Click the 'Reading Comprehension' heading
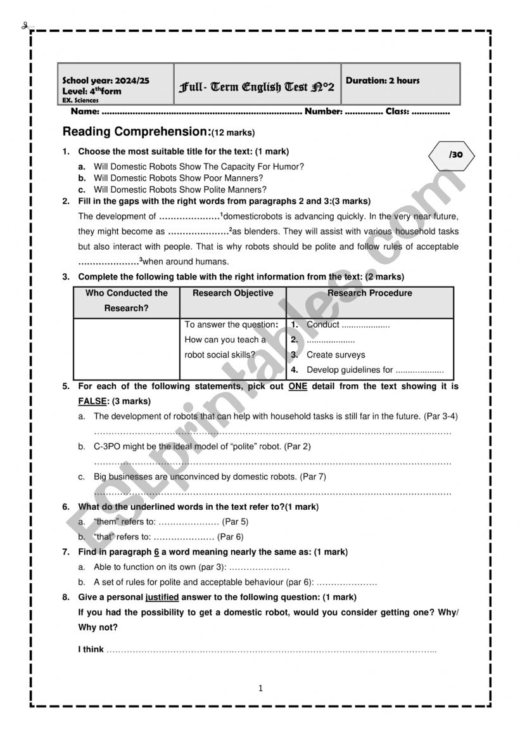[136, 132]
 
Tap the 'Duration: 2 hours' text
[383, 81]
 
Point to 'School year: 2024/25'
[106, 81]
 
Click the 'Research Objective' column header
[233, 293]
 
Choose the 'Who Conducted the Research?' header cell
[127, 300]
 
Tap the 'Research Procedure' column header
[369, 293]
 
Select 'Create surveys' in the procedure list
[336, 355]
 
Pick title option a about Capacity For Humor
[198, 167]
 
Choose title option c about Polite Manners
[180, 190]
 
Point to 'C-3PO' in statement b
[106, 446]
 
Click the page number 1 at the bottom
[260, 688]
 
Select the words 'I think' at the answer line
[91, 650]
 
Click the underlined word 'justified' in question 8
[162, 597]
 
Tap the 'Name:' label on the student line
[85, 112]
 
